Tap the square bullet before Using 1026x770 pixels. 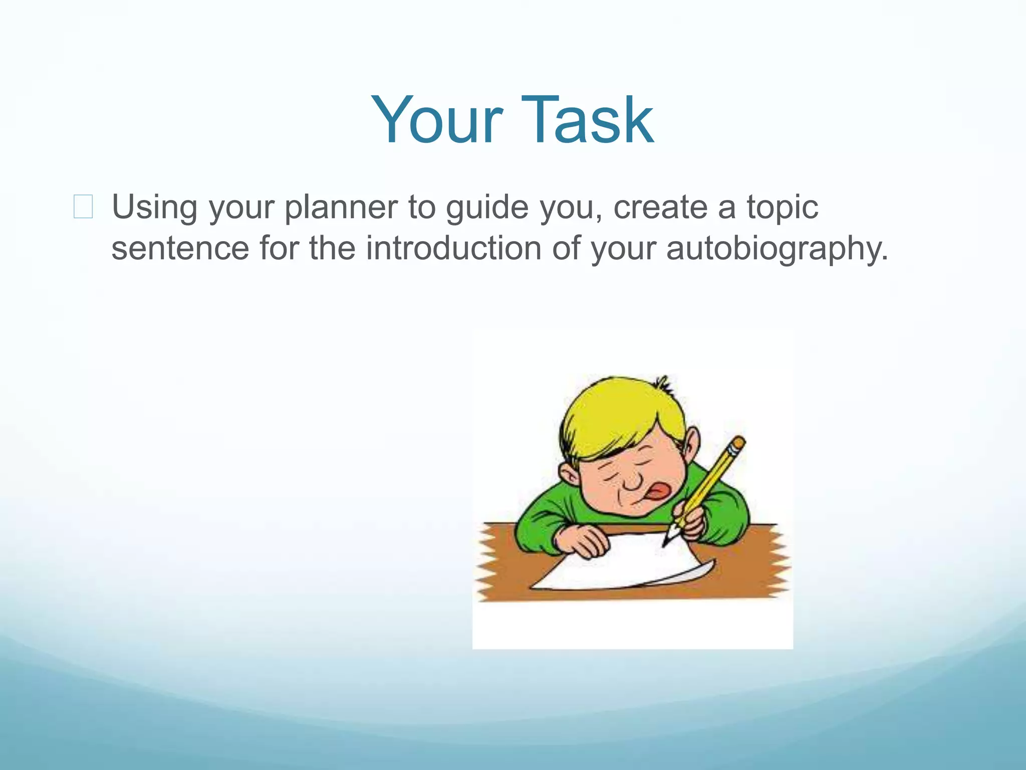83,207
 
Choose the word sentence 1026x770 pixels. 180,248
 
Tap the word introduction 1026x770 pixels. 453,248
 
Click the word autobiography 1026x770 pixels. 777,248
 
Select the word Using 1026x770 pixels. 154,207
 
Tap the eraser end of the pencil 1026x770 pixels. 738,443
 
